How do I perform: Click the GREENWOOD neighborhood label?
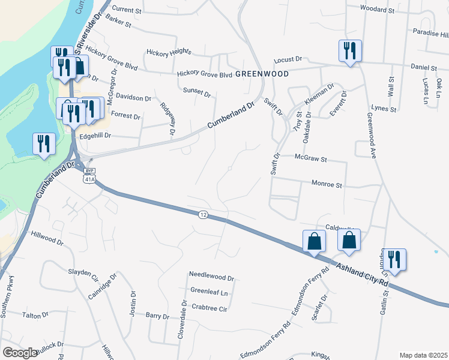pyautogui.click(x=262, y=74)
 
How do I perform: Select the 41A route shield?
pyautogui.click(x=89, y=179)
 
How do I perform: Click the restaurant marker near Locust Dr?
pyautogui.click(x=349, y=50)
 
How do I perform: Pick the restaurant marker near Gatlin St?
pyautogui.click(x=394, y=259)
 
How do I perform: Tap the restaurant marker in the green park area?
pyautogui.click(x=43, y=145)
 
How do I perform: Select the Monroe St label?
pyautogui.click(x=327, y=185)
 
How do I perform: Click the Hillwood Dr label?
pyautogui.click(x=47, y=238)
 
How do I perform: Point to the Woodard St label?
pyautogui.click(x=376, y=9)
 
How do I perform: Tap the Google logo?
pyautogui.click(x=19, y=353)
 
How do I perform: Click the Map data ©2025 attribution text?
pyautogui.click(x=423, y=355)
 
